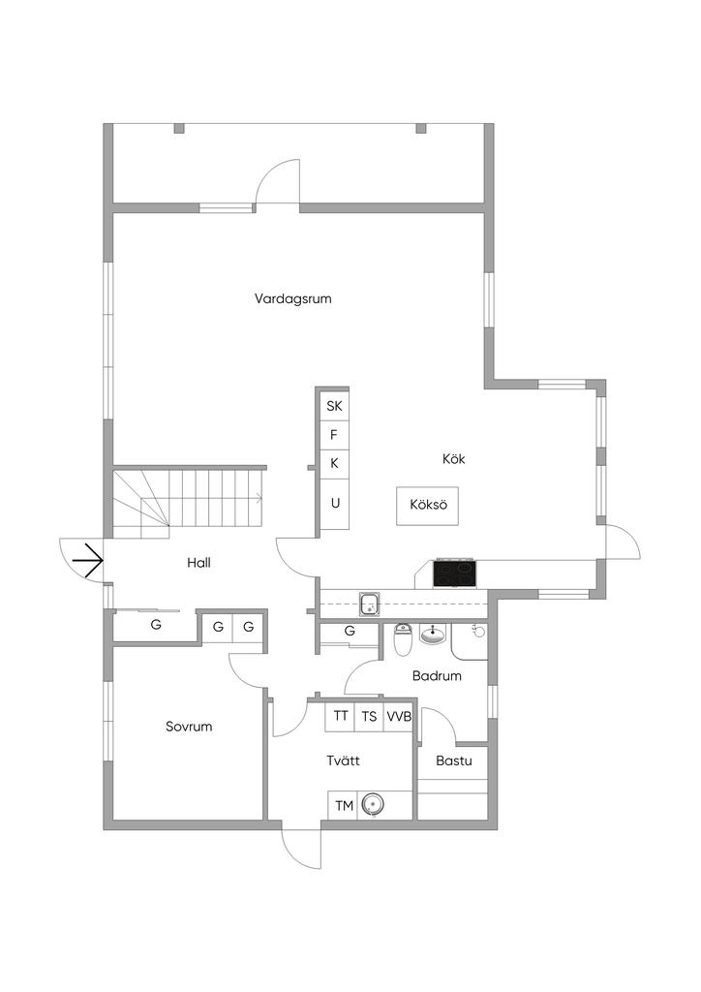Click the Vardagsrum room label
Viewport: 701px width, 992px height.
coord(293,298)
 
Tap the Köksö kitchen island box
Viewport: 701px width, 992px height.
coord(426,505)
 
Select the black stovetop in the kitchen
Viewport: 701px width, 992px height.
coord(454,574)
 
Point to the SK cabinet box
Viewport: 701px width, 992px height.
coord(335,405)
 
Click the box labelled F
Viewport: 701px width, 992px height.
coord(335,434)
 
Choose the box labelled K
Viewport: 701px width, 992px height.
coord(335,463)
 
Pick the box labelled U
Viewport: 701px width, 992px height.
coord(335,503)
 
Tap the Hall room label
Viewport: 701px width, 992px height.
coord(199,562)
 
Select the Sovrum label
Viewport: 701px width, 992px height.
coord(188,727)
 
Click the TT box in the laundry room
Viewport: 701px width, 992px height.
coord(341,717)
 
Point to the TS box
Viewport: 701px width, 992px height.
coord(369,717)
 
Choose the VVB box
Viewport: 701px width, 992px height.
coord(399,717)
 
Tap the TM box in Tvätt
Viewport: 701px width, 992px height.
coord(343,805)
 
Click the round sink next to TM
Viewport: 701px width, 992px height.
coord(373,804)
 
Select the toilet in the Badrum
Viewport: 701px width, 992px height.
coord(404,639)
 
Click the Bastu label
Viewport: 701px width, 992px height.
coord(453,760)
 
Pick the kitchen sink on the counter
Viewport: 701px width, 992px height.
coord(369,604)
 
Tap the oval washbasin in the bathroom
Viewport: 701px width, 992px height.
coord(433,636)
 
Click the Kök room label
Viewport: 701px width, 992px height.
coord(453,459)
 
